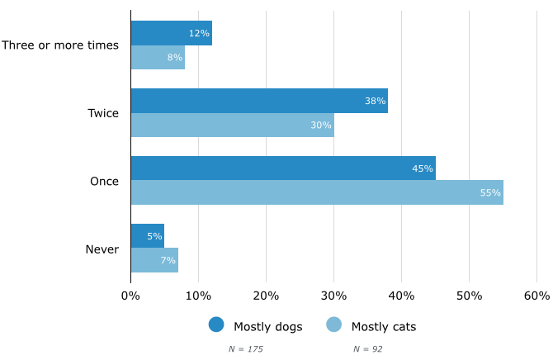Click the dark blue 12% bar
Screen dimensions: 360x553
[171, 33]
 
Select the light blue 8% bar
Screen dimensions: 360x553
[158, 58]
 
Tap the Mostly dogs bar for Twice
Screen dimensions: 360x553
[258, 101]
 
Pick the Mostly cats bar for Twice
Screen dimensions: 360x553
[232, 126]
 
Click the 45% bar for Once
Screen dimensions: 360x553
[282, 168]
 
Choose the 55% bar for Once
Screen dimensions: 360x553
[316, 192]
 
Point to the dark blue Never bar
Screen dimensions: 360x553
[147, 236]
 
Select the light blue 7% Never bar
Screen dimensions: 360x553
[154, 260]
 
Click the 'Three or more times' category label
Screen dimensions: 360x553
[60, 45]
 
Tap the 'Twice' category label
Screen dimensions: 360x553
[103, 113]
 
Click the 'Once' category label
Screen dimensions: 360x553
[104, 181]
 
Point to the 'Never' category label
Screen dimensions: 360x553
[102, 249]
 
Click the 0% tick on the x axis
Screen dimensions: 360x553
[130, 296]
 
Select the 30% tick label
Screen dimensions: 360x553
[333, 296]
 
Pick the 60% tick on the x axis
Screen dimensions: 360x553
[536, 296]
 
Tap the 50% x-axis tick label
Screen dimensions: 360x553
[469, 296]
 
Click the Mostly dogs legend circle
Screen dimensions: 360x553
[216, 325]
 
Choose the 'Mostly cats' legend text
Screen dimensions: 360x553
[384, 326]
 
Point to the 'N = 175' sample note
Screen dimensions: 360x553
[246, 349]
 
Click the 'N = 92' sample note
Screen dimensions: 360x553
[368, 349]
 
